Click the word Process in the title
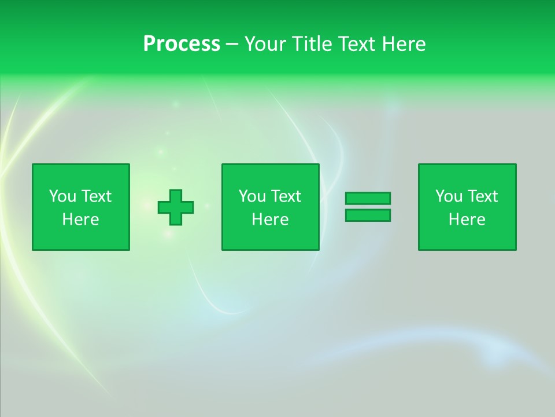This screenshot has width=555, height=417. pyautogui.click(x=182, y=44)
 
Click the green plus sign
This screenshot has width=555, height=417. pyautogui.click(x=176, y=207)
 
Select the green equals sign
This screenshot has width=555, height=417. pyautogui.click(x=368, y=207)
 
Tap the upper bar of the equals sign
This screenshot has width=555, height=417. pyautogui.click(x=368, y=199)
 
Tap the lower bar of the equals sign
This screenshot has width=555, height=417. pyautogui.click(x=368, y=215)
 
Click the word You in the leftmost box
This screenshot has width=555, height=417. pyautogui.click(x=62, y=196)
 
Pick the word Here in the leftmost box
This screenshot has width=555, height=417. pyautogui.click(x=80, y=220)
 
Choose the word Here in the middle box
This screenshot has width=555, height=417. pyautogui.click(x=270, y=220)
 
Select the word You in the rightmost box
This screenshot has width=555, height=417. pyautogui.click(x=449, y=196)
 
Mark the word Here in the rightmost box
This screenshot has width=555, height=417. pyautogui.click(x=467, y=220)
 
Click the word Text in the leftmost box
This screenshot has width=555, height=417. pyautogui.click(x=96, y=196)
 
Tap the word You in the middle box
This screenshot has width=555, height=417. pyautogui.click(x=252, y=196)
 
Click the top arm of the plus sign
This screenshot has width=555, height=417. pyautogui.click(x=176, y=195)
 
